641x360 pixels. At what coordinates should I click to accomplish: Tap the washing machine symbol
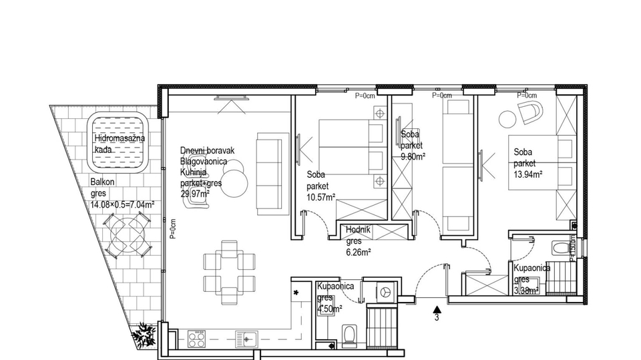386,292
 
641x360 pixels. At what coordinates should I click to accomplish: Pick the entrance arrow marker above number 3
436,309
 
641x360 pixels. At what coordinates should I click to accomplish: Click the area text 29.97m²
194,194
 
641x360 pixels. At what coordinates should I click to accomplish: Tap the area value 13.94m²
527,174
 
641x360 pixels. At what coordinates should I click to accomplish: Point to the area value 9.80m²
413,157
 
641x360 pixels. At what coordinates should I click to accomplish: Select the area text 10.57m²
321,197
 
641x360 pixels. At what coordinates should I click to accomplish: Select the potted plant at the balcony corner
142,334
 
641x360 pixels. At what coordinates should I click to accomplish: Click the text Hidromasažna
120,138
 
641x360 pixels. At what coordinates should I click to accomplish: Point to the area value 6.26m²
359,252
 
